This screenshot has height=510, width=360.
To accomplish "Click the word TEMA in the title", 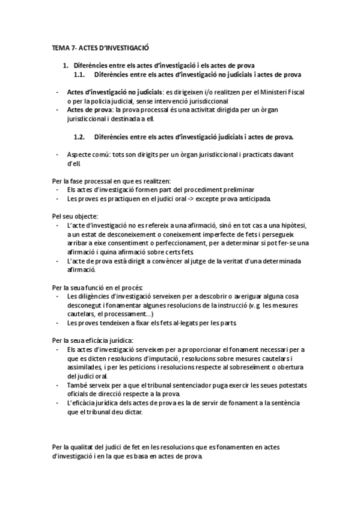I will click(x=59, y=47).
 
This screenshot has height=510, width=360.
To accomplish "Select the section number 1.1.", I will click(x=81, y=75).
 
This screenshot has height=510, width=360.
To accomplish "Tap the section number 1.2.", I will click(x=81, y=137).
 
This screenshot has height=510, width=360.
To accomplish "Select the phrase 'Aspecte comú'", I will click(x=88, y=155).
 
